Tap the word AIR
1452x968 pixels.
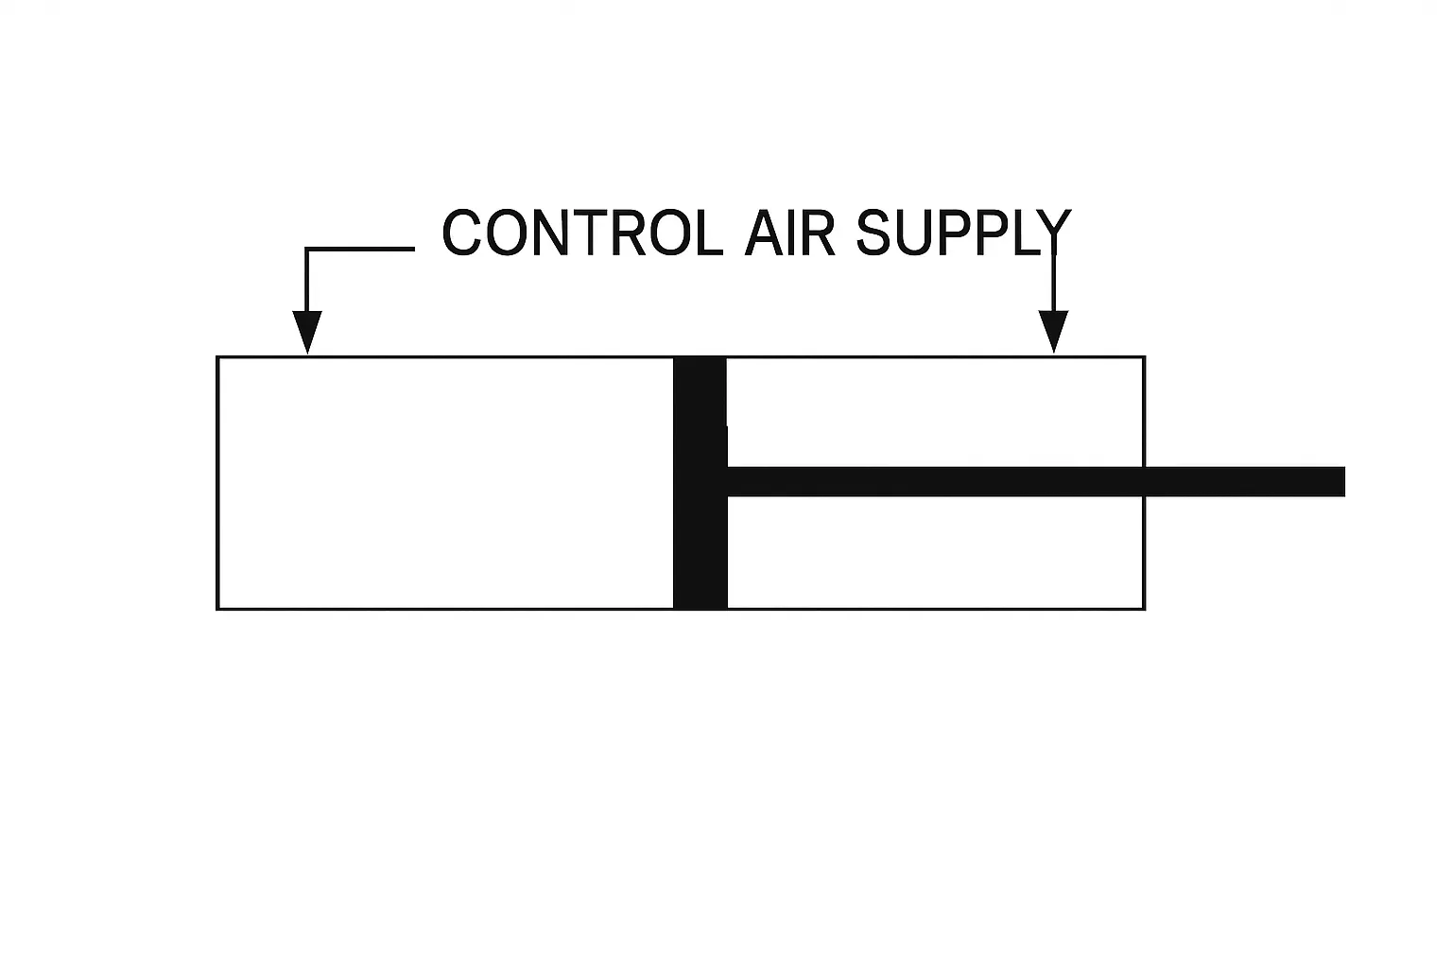coord(789,233)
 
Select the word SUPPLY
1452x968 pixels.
coord(962,233)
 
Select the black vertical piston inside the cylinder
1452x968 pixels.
coord(700,483)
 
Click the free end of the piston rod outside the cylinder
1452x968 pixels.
coord(1339,481)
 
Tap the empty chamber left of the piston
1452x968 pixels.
coord(444,483)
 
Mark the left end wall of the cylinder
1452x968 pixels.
coord(218,483)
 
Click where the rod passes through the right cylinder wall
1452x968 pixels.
coord(1144,481)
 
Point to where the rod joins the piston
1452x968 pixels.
coord(728,481)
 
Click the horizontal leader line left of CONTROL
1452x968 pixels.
coord(360,250)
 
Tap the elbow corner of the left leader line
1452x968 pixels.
coord(306,250)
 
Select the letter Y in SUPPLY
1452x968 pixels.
coord(1053,233)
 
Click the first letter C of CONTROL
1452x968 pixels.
coord(462,233)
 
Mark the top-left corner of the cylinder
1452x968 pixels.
coord(218,357)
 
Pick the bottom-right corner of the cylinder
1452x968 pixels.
coord(1144,608)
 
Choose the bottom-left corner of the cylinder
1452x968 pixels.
coord(218,608)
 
